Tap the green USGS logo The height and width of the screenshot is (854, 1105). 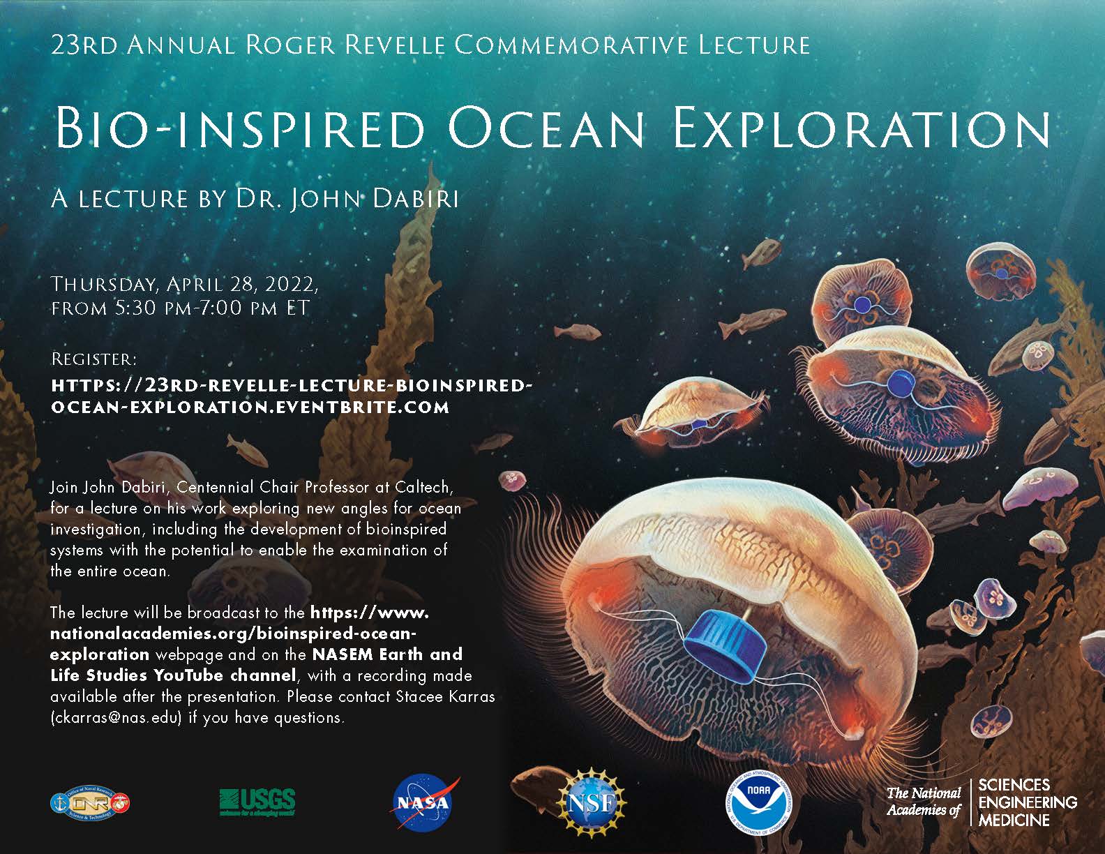(257, 802)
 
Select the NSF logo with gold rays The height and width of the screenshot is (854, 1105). (591, 803)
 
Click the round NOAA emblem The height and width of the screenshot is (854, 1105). (758, 802)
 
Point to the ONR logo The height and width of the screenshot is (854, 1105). (90, 802)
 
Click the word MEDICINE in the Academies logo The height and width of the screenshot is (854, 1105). (1014, 820)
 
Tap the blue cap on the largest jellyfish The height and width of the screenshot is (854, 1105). (725, 645)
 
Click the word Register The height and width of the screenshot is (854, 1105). (94, 359)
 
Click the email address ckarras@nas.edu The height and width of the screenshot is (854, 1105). (116, 718)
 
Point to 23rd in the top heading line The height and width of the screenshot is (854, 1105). (84, 45)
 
